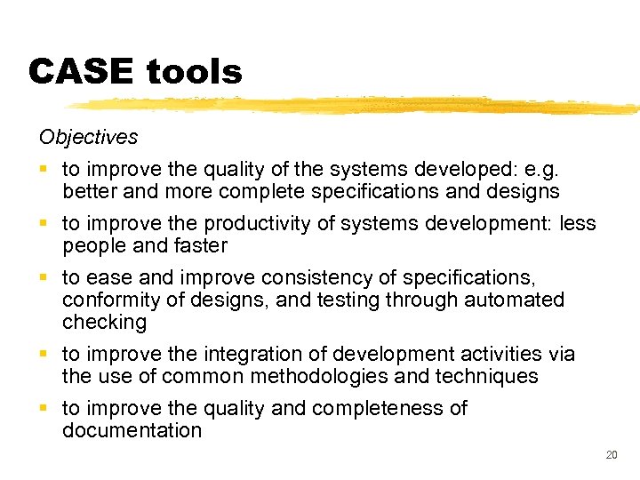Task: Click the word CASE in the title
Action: pyautogui.click(x=79, y=72)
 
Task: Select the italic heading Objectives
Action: pyautogui.click(x=88, y=137)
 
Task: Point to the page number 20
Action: pyautogui.click(x=611, y=454)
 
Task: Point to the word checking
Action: pyautogui.click(x=104, y=322)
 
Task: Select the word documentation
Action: pyautogui.click(x=132, y=430)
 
